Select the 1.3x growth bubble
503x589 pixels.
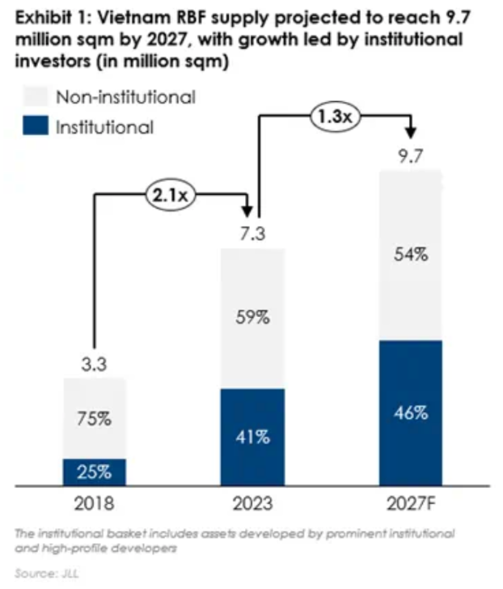332,117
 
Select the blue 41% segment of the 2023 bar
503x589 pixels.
253,438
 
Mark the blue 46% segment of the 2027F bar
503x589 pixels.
412,413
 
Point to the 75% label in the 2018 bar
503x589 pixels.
95,419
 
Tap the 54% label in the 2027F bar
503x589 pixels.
412,255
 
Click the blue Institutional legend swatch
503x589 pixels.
33,127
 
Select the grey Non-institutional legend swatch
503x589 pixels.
33,98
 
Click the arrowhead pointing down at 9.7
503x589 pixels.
412,131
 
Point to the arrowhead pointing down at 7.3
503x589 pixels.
247,209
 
